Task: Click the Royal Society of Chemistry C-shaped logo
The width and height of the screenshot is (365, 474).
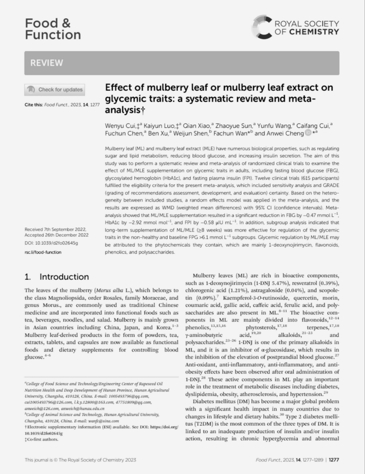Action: (262, 27)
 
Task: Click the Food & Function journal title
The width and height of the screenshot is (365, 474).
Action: (53, 29)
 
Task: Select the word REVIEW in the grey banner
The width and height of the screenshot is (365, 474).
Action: (46, 63)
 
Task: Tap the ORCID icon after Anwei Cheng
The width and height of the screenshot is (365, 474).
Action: (308, 133)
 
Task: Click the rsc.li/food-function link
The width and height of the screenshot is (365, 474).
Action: (43, 252)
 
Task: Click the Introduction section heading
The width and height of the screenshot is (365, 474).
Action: (64, 277)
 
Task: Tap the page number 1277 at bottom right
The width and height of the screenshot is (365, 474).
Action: (334, 460)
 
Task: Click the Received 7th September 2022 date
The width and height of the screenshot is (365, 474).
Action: (55, 230)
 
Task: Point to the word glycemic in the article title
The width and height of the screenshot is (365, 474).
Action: (124, 99)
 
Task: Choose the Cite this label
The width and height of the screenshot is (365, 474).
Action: (34, 105)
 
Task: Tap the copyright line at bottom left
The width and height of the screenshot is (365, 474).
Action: (80, 460)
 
